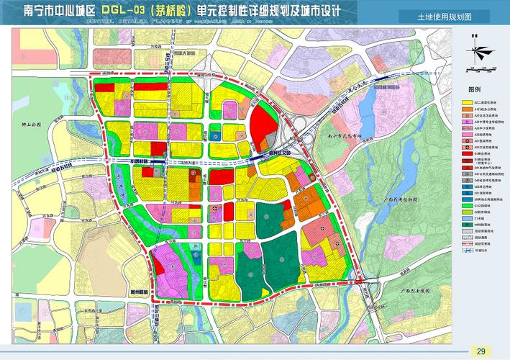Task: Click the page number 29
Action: point(481,351)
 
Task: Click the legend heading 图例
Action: point(474,90)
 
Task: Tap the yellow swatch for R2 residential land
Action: point(466,104)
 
